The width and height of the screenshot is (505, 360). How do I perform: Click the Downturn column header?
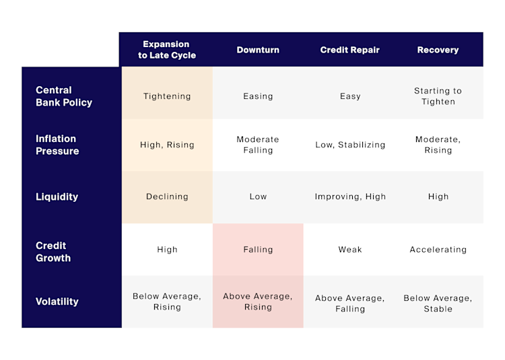(x=258, y=50)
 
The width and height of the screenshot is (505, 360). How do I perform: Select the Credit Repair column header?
(x=349, y=50)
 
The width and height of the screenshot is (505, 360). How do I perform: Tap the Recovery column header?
(x=438, y=50)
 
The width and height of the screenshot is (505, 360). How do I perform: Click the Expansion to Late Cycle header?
(x=167, y=50)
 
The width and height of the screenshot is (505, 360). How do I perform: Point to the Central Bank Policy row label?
(x=64, y=96)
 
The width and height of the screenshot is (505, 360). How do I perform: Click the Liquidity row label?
(x=57, y=196)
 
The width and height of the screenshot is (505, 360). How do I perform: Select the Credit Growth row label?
(x=53, y=252)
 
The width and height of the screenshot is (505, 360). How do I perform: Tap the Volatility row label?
(x=57, y=301)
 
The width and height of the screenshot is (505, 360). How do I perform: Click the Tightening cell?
(x=167, y=96)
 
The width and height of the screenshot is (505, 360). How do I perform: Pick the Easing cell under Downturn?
(x=258, y=96)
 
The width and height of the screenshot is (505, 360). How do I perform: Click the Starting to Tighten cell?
(x=438, y=96)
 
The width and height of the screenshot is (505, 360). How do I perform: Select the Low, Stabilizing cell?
(x=350, y=145)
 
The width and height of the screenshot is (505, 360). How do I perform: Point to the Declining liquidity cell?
(x=167, y=196)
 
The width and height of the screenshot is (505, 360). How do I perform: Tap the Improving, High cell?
(x=350, y=196)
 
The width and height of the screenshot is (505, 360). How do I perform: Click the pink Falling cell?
(x=258, y=250)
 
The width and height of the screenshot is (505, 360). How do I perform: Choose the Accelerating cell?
(x=438, y=250)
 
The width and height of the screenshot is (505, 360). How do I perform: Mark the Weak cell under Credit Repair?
(x=350, y=250)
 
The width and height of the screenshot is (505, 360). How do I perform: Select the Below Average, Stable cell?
(x=438, y=303)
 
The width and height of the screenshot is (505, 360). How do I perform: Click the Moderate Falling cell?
(x=258, y=145)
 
